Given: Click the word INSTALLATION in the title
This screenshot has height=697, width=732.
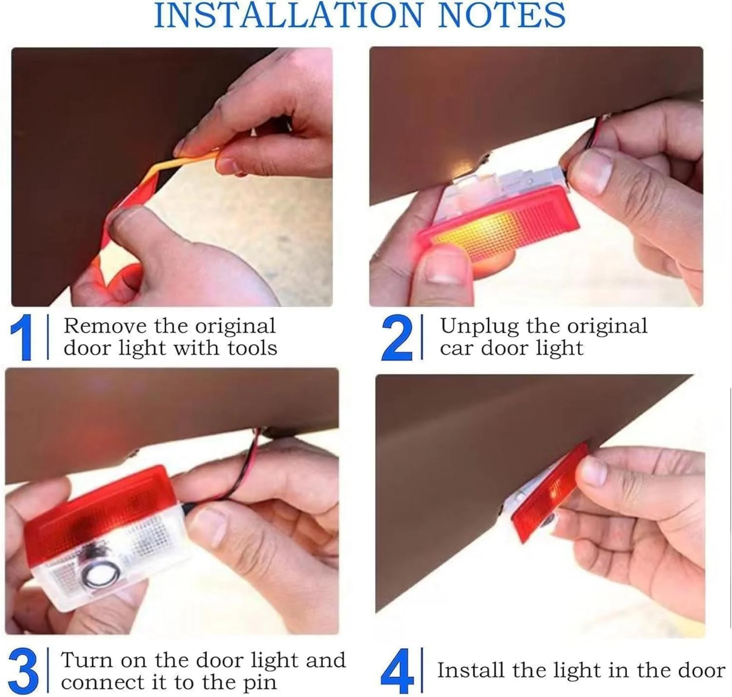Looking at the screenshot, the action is click(x=288, y=15).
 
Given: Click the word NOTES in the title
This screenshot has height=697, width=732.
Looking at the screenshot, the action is click(x=502, y=15).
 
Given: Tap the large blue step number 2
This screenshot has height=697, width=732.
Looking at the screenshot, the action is click(x=397, y=337).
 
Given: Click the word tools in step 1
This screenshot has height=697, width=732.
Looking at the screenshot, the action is click(x=252, y=348).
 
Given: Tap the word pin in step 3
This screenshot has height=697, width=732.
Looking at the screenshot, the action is click(x=259, y=684).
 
